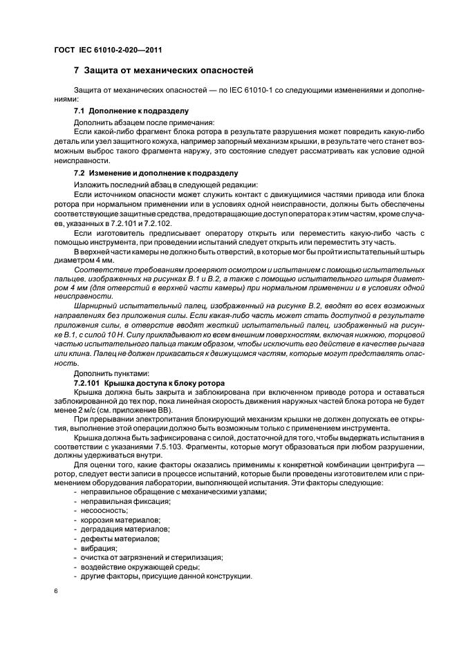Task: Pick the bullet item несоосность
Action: [x=104, y=509]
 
